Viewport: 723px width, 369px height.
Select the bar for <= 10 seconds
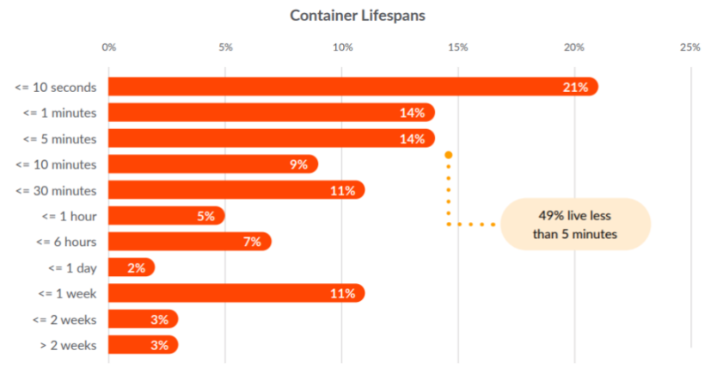point(344,87)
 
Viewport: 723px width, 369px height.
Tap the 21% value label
point(576,87)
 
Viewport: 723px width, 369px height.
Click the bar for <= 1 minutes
point(267,113)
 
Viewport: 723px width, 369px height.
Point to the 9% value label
point(297,164)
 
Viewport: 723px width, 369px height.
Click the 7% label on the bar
point(251,242)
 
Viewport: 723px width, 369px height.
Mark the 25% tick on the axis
point(690,47)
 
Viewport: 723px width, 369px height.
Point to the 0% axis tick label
point(108,47)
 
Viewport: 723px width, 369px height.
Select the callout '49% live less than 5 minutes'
point(575,224)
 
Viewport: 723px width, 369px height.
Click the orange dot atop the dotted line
point(448,155)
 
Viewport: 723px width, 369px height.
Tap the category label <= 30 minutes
point(60,190)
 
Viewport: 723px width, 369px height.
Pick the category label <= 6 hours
point(66,242)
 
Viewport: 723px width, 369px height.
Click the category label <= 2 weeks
point(65,319)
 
